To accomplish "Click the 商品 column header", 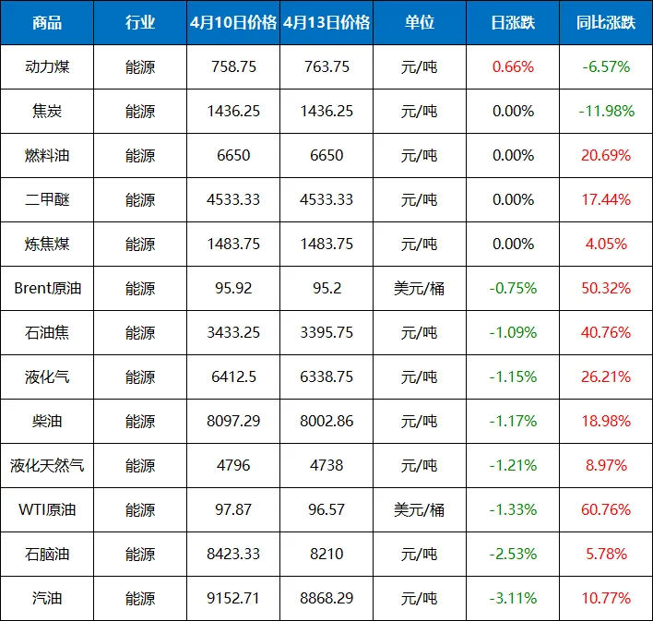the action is [x=47, y=22].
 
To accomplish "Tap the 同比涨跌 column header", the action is [x=606, y=22].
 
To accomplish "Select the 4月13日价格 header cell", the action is [x=326, y=22].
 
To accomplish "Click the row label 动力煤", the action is [x=47, y=66].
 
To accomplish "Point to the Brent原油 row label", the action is [x=47, y=289].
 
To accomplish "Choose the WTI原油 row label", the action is [x=47, y=509].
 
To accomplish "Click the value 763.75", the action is [x=326, y=66].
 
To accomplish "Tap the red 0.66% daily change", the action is [x=513, y=66].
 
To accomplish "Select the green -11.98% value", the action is [x=606, y=111].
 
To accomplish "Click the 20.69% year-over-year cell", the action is [x=606, y=155].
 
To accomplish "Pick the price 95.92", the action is [x=233, y=289].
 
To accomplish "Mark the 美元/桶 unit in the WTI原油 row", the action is [x=420, y=509].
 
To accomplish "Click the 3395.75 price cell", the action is [x=326, y=332].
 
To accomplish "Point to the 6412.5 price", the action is [x=233, y=376].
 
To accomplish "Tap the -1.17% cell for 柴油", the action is [x=513, y=421].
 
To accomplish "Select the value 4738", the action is [x=326, y=466].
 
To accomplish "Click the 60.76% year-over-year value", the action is [x=606, y=509].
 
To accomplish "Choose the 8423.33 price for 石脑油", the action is [x=233, y=554].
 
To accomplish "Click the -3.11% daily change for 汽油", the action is [x=513, y=599].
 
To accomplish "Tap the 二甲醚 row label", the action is [x=47, y=199].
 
